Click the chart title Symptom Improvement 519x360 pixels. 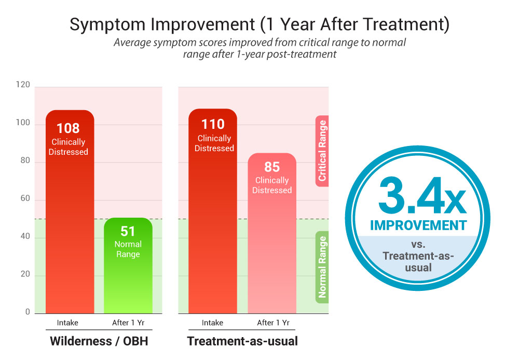coord(259,24)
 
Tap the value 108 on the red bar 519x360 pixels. coord(68,128)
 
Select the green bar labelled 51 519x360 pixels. coord(128,265)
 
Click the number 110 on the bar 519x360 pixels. coord(213,124)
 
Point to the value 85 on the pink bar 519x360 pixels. coord(271,167)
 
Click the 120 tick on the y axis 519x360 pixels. coord(23,85)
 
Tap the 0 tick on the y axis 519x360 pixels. coord(28,312)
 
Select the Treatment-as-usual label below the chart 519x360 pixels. coord(242,341)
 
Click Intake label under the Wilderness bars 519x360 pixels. coord(67,323)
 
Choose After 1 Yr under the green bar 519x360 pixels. coord(128,323)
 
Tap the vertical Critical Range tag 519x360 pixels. coord(322,151)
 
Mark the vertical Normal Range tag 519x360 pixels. coord(322,267)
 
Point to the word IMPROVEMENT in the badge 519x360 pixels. coord(418,225)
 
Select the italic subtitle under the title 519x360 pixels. coord(259,48)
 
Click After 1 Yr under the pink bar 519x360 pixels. coord(272,323)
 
